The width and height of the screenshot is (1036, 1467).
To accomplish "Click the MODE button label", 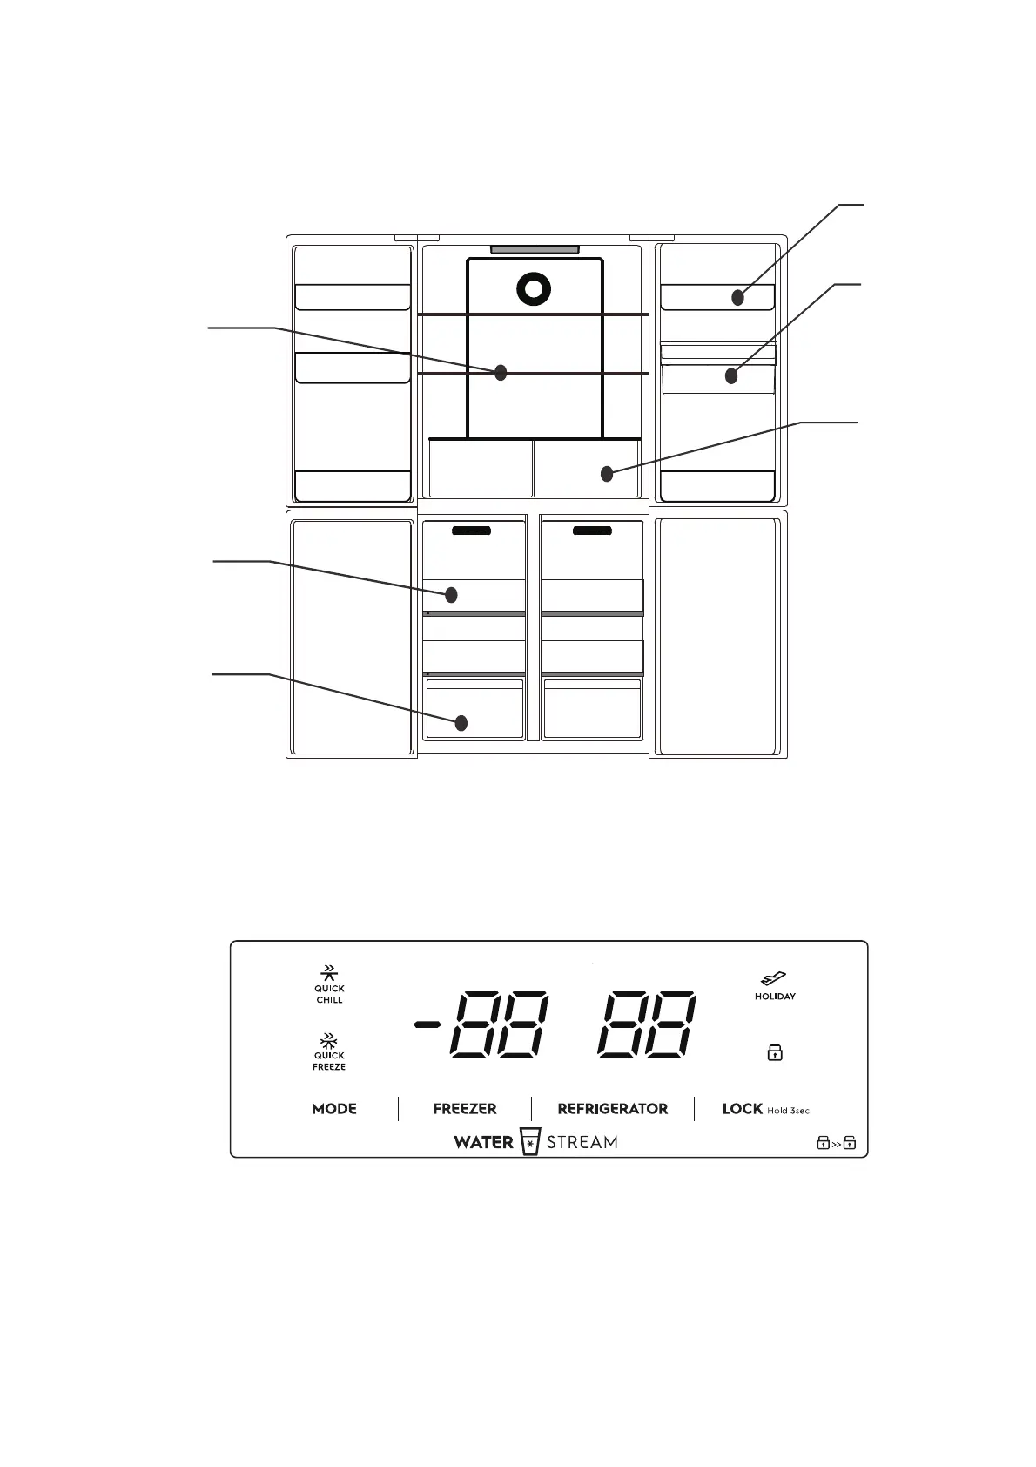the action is tap(334, 1109).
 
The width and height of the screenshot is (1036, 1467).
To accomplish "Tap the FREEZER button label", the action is tap(465, 1109).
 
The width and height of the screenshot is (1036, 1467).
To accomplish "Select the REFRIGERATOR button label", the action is tap(613, 1109).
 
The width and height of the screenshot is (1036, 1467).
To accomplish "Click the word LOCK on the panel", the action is tap(742, 1109).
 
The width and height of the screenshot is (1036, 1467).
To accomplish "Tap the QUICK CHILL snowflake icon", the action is tap(329, 972).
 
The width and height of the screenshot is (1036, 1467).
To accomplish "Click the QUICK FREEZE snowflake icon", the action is tap(329, 1040).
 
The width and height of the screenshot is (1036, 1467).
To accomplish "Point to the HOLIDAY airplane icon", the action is tap(774, 979).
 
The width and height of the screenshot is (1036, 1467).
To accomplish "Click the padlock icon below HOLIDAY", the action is tap(775, 1053).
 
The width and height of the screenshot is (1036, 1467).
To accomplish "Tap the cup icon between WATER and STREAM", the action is tap(529, 1142).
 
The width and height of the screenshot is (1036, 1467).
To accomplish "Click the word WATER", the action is tap(483, 1142).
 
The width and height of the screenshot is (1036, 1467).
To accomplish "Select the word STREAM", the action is tap(582, 1142).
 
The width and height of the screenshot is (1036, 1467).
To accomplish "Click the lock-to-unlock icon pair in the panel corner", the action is tap(836, 1143).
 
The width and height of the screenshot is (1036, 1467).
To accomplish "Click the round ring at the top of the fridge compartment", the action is tap(534, 289).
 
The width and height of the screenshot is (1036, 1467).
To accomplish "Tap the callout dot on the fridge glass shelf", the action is tap(501, 373).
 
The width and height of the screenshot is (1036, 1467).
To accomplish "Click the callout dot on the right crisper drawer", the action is tap(607, 474).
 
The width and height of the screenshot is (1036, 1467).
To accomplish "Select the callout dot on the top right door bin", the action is tap(738, 298).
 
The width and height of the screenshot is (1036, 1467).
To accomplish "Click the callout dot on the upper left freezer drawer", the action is tap(451, 595).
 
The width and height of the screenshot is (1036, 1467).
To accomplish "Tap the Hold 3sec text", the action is tap(788, 1111).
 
